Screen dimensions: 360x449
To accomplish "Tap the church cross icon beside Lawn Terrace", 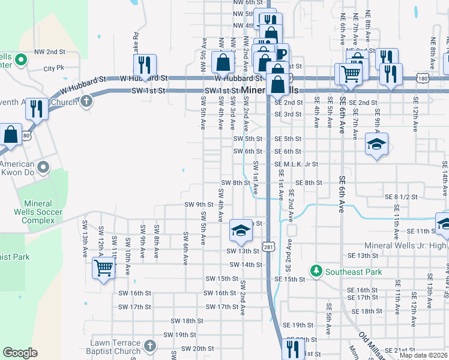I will (x=150, y=346).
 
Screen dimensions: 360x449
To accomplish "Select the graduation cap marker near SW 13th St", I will (x=240, y=230).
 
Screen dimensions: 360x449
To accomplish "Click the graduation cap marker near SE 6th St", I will (x=376, y=144).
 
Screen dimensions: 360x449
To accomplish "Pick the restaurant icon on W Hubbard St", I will (x=145, y=65).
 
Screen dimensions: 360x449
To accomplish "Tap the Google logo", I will (x=20, y=353).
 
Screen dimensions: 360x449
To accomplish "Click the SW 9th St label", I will (x=199, y=205).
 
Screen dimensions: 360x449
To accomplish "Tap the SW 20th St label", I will (x=197, y=348).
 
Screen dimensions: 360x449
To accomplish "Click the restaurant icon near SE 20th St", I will (x=292, y=347).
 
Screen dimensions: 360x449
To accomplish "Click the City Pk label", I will (x=53, y=68).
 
